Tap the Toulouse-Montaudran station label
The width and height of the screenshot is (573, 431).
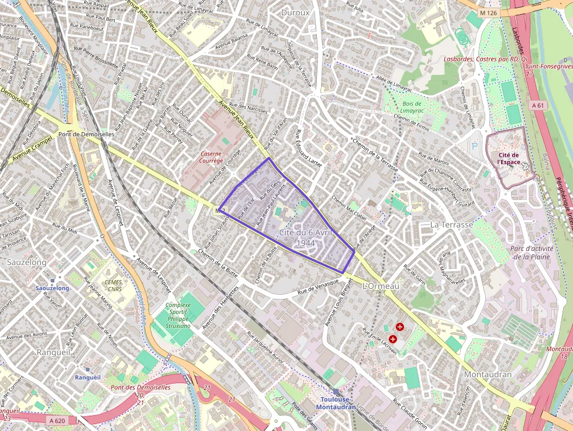[x=336, y=403]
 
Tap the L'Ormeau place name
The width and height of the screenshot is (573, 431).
[x=381, y=286]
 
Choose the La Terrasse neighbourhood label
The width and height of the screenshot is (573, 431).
[x=451, y=225]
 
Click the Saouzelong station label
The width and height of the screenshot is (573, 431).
[x=53, y=288]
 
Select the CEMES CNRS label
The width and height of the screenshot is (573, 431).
[x=113, y=285]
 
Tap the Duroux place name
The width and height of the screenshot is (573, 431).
[x=295, y=12]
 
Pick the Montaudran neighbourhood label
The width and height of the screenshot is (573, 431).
[x=488, y=374]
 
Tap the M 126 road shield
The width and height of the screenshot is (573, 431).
[x=487, y=12]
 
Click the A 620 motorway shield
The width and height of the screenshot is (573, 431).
[x=57, y=420]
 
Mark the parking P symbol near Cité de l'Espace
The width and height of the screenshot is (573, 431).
[x=474, y=146]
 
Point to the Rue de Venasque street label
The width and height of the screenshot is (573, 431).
[x=318, y=286]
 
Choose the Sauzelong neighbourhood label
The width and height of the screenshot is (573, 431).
[x=26, y=263]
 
